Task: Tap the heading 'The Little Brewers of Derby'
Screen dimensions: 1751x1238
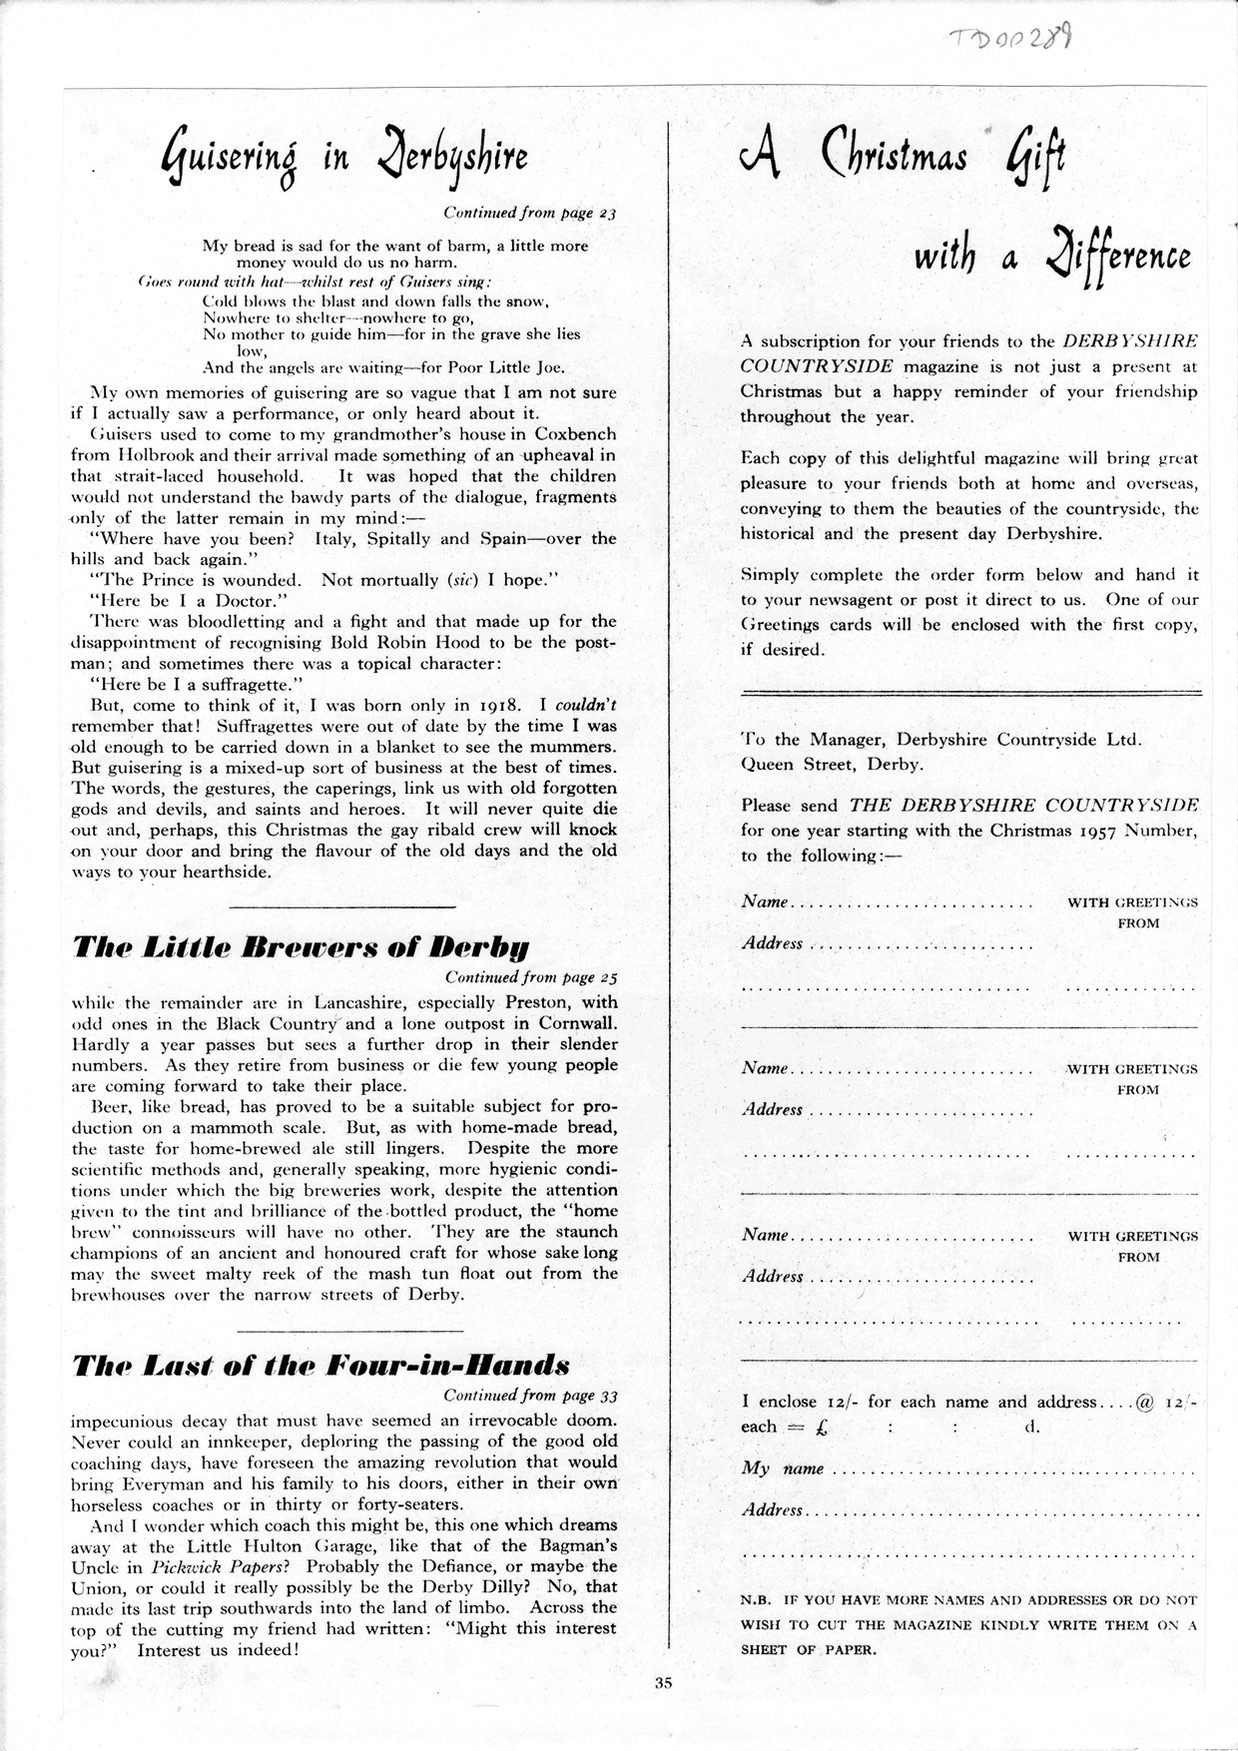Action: tap(301, 946)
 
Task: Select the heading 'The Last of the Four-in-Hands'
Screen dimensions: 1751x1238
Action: tap(320, 1365)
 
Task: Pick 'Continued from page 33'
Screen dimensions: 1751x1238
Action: tap(531, 1395)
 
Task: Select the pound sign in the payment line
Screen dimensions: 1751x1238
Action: tap(821, 1428)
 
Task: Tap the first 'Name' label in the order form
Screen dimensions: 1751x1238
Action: tap(765, 901)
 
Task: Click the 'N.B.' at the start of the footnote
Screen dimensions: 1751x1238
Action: tap(756, 1599)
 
